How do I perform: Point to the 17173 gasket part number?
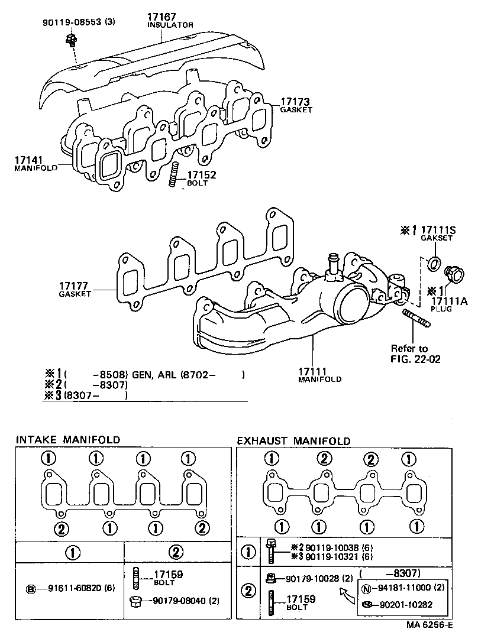[295, 102]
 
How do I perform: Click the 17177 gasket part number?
[74, 286]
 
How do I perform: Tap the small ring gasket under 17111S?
[433, 264]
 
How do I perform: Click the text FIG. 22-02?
[415, 359]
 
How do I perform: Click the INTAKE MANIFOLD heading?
[67, 440]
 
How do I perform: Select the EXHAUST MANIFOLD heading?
[293, 441]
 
